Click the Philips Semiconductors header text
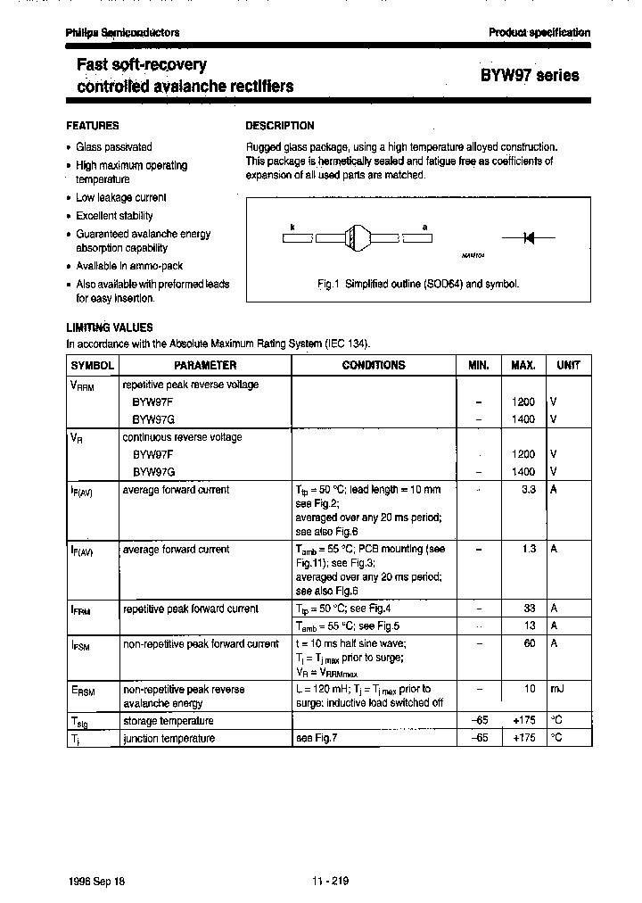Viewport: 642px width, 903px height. tap(122, 32)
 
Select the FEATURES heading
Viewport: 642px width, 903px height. tap(93, 126)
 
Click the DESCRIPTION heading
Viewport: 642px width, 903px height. tap(280, 126)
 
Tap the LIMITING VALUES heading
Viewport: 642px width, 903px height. tap(110, 327)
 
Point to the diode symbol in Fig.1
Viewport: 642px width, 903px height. tap(527, 238)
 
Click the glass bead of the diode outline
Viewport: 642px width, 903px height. tap(354, 238)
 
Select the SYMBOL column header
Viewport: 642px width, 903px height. tap(93, 365)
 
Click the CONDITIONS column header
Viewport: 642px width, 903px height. tap(373, 365)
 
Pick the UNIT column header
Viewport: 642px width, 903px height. tap(568, 365)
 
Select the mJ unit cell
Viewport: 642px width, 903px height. tap(556, 689)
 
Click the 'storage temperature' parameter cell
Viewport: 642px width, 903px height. tap(168, 720)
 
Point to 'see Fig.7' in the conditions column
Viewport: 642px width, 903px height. tap(317, 738)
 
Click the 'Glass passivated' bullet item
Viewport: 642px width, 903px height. tap(113, 146)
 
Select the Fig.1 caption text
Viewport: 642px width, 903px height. tap(418, 284)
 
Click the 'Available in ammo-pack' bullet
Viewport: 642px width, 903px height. tap(128, 266)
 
